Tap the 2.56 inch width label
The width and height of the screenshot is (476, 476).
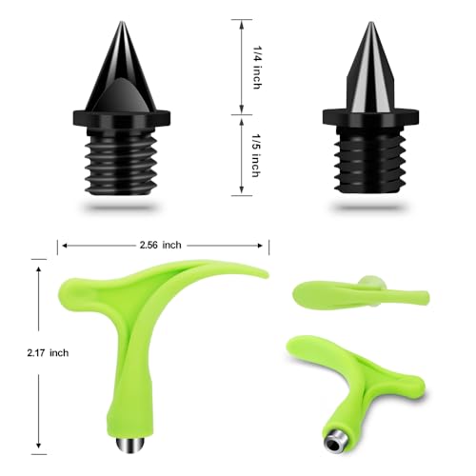(157, 245)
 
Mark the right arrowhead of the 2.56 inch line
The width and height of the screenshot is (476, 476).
(266, 245)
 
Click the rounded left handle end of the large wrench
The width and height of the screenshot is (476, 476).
(72, 287)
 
